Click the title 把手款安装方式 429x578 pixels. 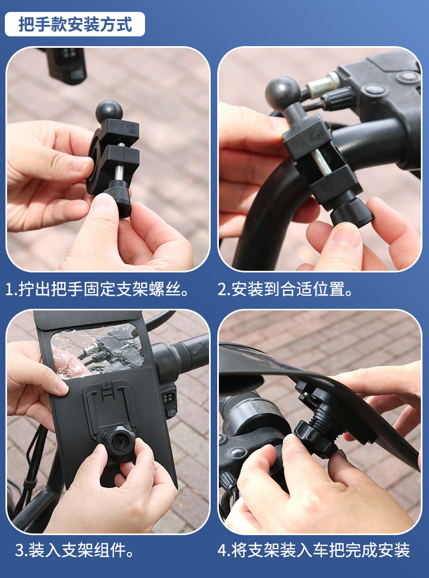click(x=75, y=24)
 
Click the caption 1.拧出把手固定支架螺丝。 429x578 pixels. click(x=98, y=289)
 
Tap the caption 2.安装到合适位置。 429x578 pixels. click(x=286, y=289)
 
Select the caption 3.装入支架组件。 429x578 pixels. click(x=75, y=551)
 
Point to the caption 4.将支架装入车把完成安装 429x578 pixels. click(x=314, y=551)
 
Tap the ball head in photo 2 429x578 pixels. click(x=282, y=93)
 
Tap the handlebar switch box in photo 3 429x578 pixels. click(x=169, y=402)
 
